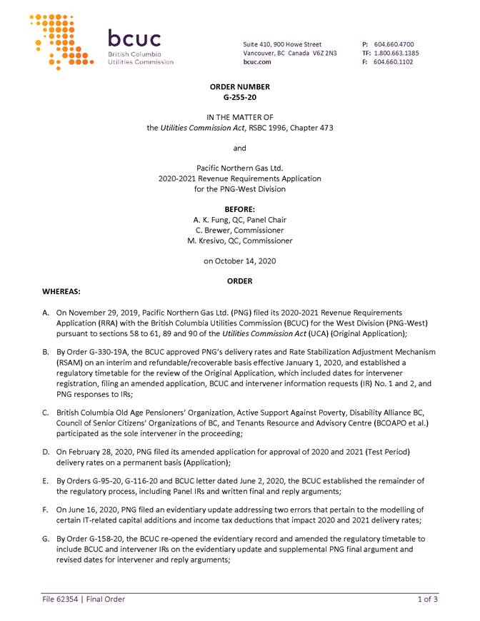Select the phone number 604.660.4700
coord(394,44)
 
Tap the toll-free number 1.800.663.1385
coord(396,53)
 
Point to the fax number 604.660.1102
coord(394,62)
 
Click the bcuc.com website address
coord(257,62)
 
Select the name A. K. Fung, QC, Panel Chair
coord(239,220)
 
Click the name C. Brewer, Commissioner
coord(239,231)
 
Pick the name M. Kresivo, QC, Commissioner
coord(239,241)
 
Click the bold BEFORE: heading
coord(239,209)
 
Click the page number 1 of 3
coord(428,600)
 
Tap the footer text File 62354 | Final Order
coord(82,600)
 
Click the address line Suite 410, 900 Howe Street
coord(282,44)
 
